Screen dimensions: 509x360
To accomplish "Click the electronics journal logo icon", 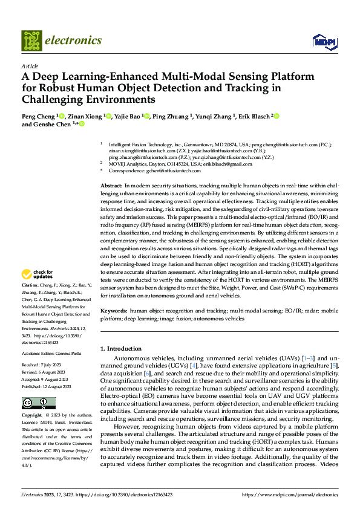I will coord(32,41).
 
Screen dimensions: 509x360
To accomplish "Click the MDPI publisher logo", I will coord(324,41).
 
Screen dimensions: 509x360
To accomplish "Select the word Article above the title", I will coord(30,66).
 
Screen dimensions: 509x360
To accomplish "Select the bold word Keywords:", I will coord(114,311).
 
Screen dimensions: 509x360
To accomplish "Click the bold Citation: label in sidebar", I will coord(30,284).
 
